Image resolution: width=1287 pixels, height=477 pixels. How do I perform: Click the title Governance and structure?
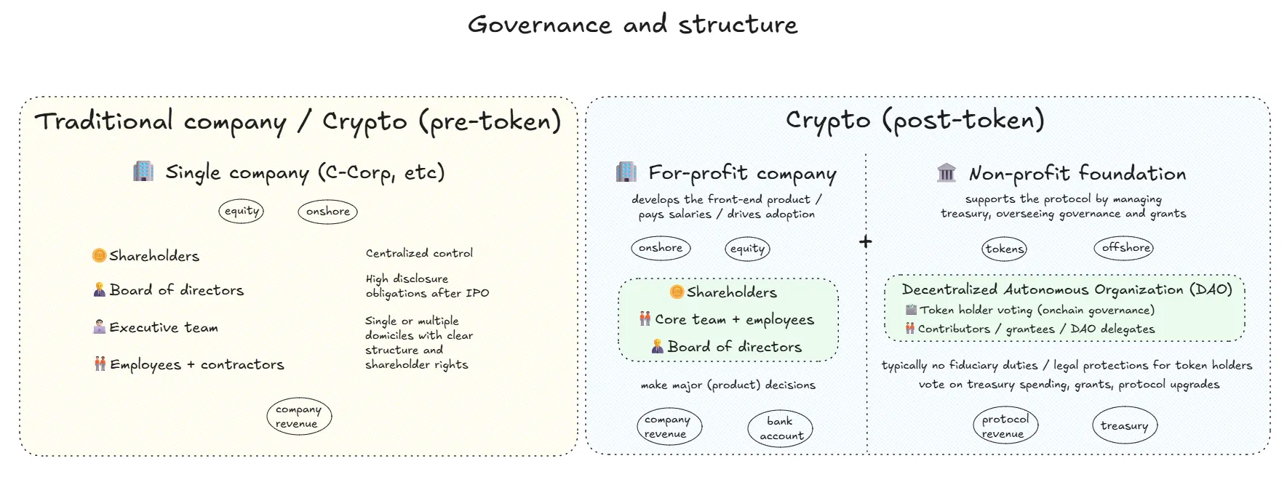coord(632,25)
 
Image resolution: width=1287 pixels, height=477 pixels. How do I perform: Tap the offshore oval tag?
coord(1123,248)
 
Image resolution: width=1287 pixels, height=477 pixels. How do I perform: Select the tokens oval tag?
coord(1005,249)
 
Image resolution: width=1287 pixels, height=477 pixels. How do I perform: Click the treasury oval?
coord(1124,426)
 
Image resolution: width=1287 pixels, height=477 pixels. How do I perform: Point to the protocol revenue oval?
coord(1005,426)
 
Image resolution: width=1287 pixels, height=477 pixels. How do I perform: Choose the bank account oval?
coord(780,428)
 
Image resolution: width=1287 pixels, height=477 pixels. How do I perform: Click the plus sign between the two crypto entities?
coord(865,241)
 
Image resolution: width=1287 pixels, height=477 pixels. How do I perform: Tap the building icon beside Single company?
coord(143,172)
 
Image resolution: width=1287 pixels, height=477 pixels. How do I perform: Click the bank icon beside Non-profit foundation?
coord(947,173)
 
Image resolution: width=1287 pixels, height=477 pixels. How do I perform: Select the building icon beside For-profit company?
coord(626,172)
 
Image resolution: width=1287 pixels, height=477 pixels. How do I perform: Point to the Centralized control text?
coord(419,253)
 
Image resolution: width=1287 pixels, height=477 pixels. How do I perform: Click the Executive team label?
coord(164,327)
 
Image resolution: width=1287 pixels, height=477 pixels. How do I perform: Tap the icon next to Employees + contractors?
coord(100,364)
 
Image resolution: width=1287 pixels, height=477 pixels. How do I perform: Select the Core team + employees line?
coord(734,319)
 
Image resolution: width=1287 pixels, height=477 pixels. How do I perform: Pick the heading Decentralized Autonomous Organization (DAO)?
coord(1067,289)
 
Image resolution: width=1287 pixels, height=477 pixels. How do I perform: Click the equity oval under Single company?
coord(241,211)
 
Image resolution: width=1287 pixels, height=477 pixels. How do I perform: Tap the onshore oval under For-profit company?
coord(660,248)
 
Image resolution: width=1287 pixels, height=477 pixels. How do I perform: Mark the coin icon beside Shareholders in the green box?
coord(677,292)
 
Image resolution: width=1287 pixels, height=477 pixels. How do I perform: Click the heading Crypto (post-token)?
coord(915,120)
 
